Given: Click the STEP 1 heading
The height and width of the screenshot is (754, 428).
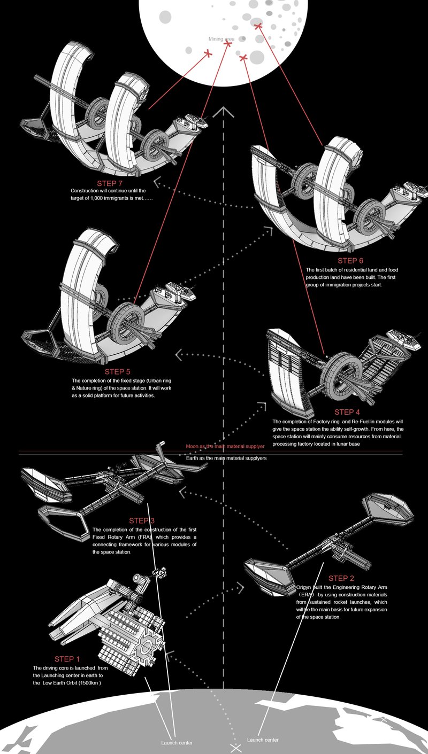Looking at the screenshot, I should pos(67,659).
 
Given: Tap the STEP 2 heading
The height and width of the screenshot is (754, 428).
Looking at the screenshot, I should pos(341,578).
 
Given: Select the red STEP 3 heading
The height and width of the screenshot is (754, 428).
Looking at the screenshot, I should pos(142,520).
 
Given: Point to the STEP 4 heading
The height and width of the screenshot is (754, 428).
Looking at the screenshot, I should pos(347,412).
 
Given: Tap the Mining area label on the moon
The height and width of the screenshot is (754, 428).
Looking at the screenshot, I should pos(221,39).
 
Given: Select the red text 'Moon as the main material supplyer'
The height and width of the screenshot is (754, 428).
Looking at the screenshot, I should pos(225,446).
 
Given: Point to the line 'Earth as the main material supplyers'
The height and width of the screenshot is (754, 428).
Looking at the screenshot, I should pos(226,458).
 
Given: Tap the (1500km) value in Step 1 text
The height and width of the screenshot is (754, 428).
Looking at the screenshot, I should pos(100,683).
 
